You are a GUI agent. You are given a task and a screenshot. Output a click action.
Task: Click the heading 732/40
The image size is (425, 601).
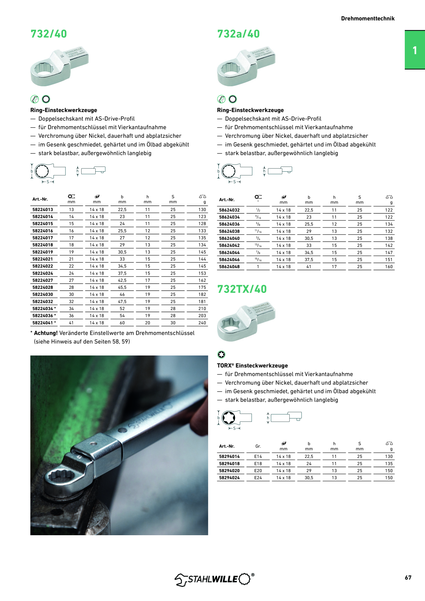[x=49, y=34]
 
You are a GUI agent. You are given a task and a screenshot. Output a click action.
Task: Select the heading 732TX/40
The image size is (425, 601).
[x=242, y=289]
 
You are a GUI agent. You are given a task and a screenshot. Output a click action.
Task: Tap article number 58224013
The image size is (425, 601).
[x=43, y=210]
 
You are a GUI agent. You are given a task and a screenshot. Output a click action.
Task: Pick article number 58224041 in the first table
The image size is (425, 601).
[x=43, y=323]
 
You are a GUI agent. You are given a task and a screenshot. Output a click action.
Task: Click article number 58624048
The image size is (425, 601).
[x=229, y=267]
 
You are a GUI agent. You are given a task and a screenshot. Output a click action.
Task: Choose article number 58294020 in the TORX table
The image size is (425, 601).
[x=229, y=471]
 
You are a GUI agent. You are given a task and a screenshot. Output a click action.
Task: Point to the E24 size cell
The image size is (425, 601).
[x=258, y=478]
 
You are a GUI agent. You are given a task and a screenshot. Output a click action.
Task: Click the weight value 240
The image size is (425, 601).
[x=202, y=323]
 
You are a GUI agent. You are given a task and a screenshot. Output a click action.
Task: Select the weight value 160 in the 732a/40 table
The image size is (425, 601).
[x=389, y=267]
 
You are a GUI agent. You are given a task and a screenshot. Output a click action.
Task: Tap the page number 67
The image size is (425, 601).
[x=408, y=578]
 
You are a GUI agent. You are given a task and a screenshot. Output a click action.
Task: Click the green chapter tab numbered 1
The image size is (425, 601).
[x=415, y=50]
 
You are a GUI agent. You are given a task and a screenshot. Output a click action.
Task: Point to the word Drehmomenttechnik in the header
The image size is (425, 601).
[x=368, y=19]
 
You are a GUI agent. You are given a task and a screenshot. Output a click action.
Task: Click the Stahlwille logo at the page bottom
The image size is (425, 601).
[x=215, y=579]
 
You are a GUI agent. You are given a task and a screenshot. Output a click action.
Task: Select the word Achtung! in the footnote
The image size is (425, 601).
[x=46, y=333]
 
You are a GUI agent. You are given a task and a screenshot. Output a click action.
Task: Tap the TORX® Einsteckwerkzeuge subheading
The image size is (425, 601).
[x=252, y=366]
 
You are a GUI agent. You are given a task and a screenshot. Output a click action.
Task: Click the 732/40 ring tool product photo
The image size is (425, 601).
[x=60, y=66]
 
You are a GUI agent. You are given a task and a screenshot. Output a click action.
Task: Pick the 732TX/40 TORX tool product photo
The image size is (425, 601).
[x=246, y=322]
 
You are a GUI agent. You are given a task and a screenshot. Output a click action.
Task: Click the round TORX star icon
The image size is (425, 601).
[x=221, y=355]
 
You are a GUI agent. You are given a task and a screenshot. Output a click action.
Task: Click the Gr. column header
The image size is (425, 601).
[x=258, y=446]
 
